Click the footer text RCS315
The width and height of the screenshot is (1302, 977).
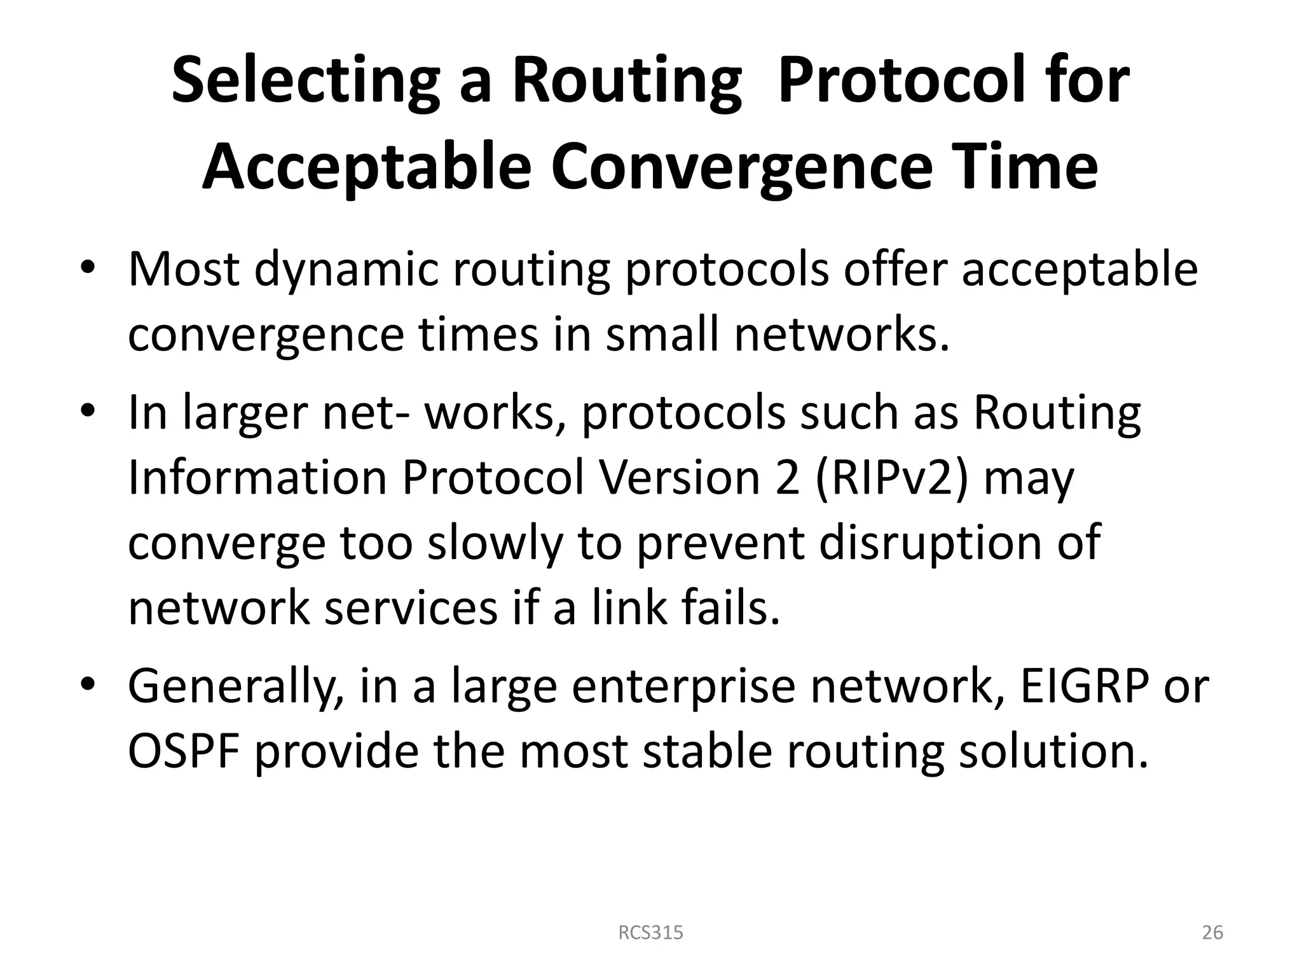click(651, 932)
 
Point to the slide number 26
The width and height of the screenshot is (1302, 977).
click(1212, 932)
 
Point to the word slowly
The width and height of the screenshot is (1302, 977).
click(495, 544)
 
